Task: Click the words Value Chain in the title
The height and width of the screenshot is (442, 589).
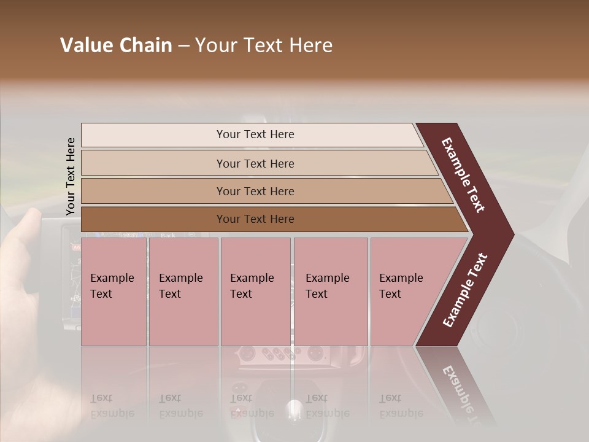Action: pos(116,45)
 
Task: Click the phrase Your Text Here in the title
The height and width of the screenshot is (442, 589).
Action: pos(264,45)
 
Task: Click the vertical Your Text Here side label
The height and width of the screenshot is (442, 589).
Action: pos(71,177)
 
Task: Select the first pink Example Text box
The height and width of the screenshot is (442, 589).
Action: pos(114,291)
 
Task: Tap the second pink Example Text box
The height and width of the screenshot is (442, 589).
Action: pos(183,291)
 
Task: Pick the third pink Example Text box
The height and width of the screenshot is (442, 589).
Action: pos(255,291)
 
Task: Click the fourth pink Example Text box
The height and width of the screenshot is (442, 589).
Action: pos(330,291)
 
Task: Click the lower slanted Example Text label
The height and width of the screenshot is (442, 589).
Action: pos(465,290)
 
